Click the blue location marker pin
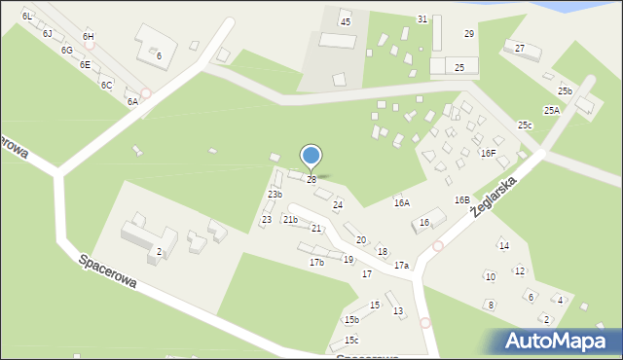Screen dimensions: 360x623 click(x=311, y=157)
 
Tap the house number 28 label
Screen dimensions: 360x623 click(x=311, y=180)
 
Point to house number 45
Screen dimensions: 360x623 click(x=345, y=21)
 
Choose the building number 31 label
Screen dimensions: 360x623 click(x=421, y=19)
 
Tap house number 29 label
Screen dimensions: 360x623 click(x=469, y=34)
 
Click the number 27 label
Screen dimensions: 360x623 click(x=520, y=48)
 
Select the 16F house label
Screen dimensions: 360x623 click(x=488, y=153)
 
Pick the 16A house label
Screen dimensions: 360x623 click(x=401, y=202)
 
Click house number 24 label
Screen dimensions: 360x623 click(x=338, y=204)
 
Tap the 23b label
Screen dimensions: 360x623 click(x=275, y=195)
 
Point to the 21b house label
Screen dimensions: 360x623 click(x=290, y=220)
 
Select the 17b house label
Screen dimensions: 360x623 click(x=316, y=263)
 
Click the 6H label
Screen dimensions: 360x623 click(x=89, y=36)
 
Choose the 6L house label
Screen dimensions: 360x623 click(x=27, y=17)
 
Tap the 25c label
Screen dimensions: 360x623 click(x=525, y=126)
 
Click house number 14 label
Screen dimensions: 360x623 click(x=504, y=245)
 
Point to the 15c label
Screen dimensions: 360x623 click(x=351, y=340)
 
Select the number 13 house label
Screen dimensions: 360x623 click(x=398, y=311)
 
